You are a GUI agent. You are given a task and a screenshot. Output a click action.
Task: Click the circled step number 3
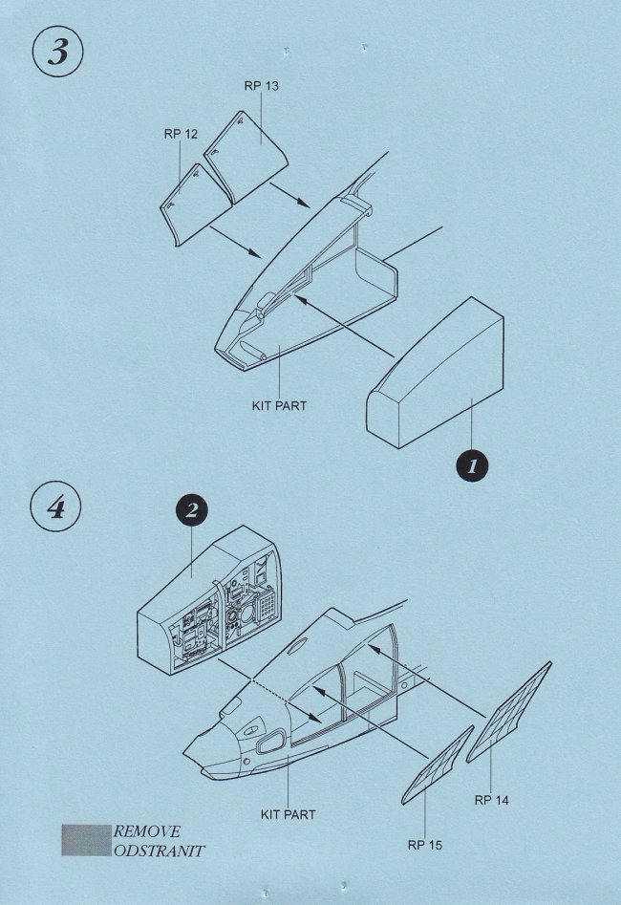click(x=57, y=52)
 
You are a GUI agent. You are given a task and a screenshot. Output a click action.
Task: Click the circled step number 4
click(x=55, y=507)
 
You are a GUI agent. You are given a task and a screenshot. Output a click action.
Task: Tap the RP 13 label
click(x=261, y=86)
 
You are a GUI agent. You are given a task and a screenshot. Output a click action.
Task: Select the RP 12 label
click(x=181, y=134)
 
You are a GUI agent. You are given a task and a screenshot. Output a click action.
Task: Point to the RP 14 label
click(x=492, y=800)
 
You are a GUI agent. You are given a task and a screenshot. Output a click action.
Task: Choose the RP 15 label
click(x=425, y=845)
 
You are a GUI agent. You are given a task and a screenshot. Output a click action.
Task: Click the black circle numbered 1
click(x=472, y=465)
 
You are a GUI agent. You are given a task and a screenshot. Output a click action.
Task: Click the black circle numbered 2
click(x=192, y=509)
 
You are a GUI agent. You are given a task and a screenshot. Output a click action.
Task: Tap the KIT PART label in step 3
click(x=279, y=406)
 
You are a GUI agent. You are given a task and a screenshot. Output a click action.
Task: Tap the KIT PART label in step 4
click(x=288, y=815)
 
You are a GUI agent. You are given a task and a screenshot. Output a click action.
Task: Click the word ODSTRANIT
click(x=159, y=851)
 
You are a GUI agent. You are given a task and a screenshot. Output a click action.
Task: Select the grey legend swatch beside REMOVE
click(x=87, y=840)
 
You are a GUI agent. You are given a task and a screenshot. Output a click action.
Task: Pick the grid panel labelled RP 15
click(x=438, y=765)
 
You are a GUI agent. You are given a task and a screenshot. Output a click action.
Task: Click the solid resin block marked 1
click(x=435, y=373)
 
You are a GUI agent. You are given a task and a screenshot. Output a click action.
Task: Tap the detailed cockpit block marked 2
click(x=208, y=600)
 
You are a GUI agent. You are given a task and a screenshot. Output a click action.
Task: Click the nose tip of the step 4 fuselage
click(x=184, y=754)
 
